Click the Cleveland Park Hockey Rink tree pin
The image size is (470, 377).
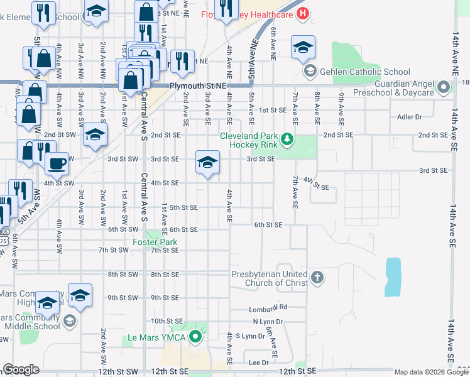click(x=287, y=138)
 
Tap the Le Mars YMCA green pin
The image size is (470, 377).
click(x=195, y=337)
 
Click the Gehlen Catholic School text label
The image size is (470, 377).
click(x=365, y=72)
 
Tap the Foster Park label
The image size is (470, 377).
click(x=155, y=241)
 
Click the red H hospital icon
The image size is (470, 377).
click(x=303, y=13)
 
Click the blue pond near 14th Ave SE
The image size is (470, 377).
click(x=392, y=276)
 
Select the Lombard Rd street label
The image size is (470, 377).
click(x=268, y=307)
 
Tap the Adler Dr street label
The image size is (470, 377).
click(x=409, y=117)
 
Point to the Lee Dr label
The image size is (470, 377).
click(x=259, y=363)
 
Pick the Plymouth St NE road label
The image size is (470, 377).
click(x=196, y=85)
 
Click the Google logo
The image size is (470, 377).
click(x=21, y=369)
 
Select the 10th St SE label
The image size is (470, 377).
click(x=166, y=320)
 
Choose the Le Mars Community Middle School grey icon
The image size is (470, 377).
click(x=69, y=321)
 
